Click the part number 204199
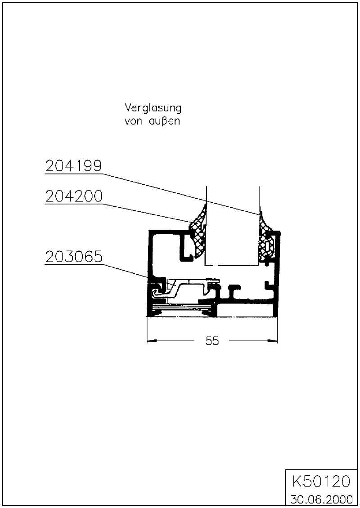click(73, 166)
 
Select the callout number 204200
click(74, 196)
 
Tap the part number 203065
click(74, 257)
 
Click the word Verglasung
click(153, 108)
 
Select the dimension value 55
click(212, 341)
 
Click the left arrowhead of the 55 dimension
click(152, 341)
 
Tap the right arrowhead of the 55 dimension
click(272, 341)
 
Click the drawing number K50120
click(321, 481)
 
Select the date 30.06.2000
click(321, 499)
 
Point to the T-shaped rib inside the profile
click(234, 292)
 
